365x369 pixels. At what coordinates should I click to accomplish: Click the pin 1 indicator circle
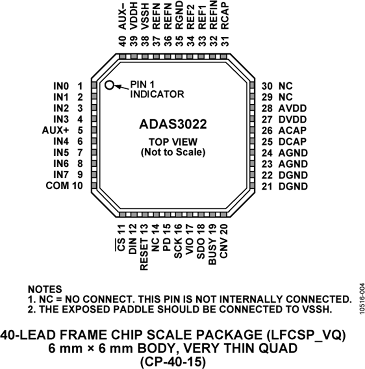(109, 85)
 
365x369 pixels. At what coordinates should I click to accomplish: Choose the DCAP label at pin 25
(292, 142)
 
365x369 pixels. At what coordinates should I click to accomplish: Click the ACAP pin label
(292, 131)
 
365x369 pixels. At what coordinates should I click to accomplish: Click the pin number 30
(266, 86)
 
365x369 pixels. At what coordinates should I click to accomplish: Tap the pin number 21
(266, 187)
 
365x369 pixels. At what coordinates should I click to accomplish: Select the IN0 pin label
(60, 86)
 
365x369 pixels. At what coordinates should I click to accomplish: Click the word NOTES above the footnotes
(45, 290)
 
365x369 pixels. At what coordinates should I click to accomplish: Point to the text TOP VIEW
(173, 142)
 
